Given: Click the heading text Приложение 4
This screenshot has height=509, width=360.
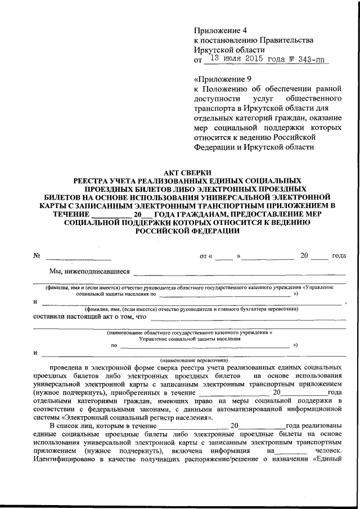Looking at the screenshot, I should click(x=220, y=30).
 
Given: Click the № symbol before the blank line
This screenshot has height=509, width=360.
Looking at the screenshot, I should click(x=37, y=256).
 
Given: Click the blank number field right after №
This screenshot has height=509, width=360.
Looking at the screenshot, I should click(x=79, y=257).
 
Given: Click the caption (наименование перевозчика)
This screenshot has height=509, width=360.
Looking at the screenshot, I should click(x=193, y=359).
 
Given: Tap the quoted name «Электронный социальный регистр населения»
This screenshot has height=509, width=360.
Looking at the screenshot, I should click(x=137, y=417).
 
